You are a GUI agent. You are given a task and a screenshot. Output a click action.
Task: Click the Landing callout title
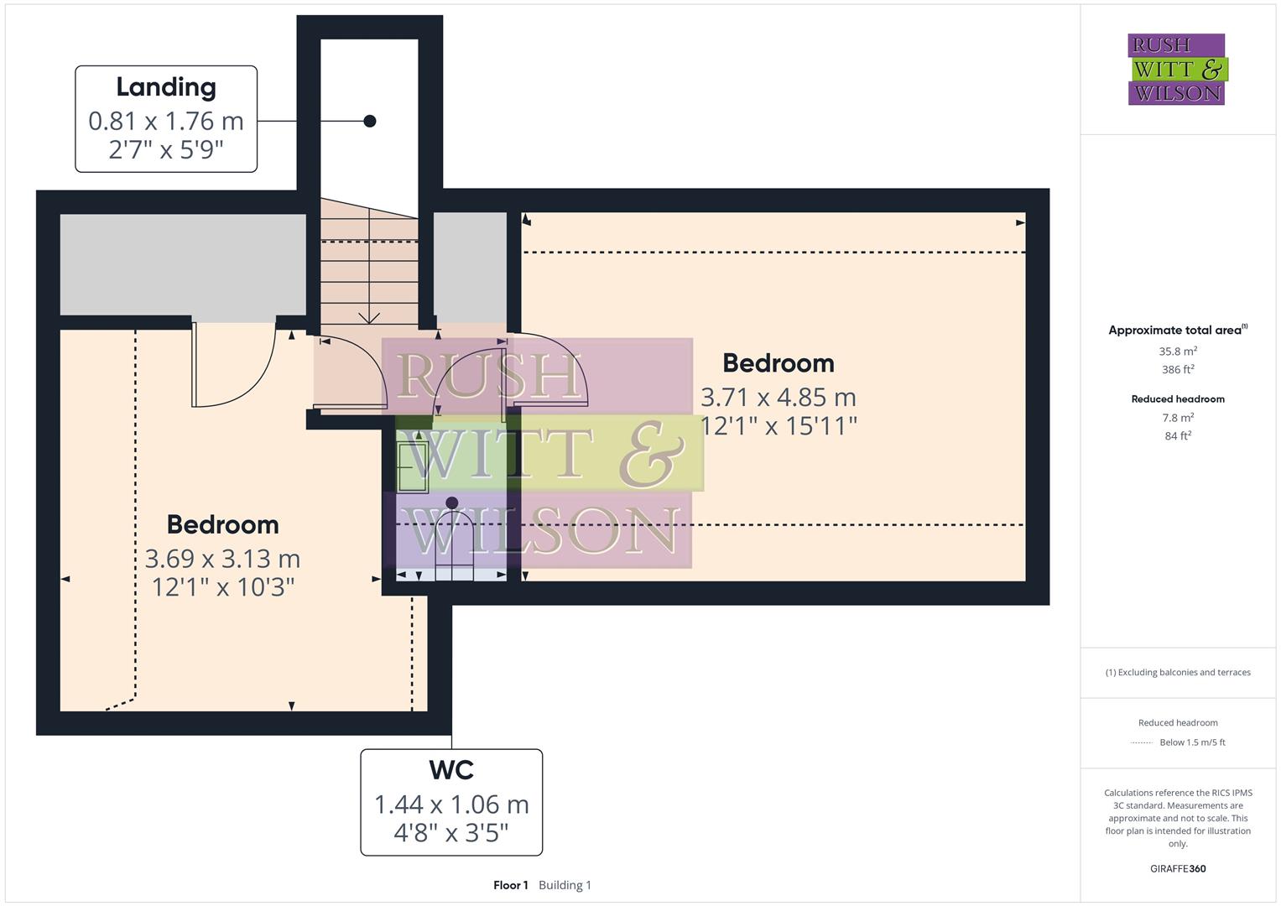coord(166,87)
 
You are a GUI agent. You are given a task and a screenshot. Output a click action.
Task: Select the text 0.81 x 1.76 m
coord(166,121)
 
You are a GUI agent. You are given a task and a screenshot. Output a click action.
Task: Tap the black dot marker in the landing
coord(369,121)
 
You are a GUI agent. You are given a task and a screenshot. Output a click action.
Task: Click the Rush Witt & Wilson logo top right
coord(1177,70)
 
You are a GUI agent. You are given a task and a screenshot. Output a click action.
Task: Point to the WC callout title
coord(451,770)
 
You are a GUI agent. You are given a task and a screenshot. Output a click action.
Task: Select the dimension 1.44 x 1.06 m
coord(451,804)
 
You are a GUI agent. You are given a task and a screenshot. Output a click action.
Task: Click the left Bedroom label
coord(222,524)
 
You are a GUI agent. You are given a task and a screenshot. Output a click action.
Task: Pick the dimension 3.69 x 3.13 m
coord(222,559)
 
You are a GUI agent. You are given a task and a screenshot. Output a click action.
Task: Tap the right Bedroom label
coord(778,363)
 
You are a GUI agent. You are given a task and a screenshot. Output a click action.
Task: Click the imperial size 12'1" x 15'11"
coord(778,426)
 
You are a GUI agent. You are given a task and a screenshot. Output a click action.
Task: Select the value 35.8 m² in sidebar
coord(1178,351)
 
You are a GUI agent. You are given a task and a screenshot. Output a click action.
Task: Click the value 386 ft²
coord(1178,370)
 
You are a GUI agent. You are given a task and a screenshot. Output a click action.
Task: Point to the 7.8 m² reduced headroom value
coord(1178,418)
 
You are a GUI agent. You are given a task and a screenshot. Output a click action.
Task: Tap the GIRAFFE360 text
coord(1178,869)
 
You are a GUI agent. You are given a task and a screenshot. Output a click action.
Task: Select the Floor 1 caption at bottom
coord(511,885)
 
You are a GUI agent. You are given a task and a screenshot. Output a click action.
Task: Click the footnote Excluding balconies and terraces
coord(1178,673)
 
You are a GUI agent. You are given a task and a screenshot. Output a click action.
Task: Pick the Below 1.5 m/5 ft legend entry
coord(1192,742)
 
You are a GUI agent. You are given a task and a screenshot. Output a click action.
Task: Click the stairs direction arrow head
coord(368,319)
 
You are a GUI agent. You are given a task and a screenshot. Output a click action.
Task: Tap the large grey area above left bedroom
coord(183,264)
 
